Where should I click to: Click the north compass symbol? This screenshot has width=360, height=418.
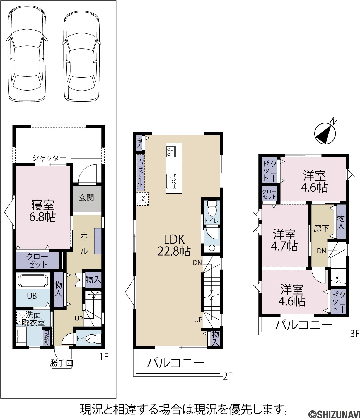click(325, 133)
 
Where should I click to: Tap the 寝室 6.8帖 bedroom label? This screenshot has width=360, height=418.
click(42, 211)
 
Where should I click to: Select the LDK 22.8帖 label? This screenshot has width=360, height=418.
click(174, 245)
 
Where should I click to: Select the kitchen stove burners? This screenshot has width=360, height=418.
click(171, 152)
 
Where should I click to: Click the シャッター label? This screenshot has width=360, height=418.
click(49, 158)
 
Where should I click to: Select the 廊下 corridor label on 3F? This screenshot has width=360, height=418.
click(321, 229)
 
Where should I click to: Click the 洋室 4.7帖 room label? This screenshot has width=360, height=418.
click(284, 240)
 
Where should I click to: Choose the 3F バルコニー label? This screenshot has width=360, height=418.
click(304, 325)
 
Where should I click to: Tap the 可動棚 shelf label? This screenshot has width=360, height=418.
click(47, 337)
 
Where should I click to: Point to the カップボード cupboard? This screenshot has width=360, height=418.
click(141, 172)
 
